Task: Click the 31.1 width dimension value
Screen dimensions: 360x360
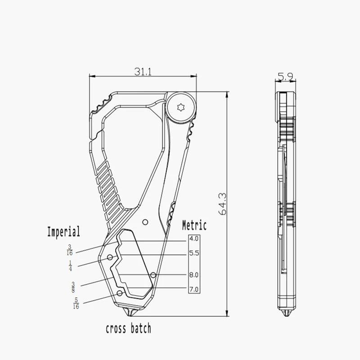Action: coord(143,71)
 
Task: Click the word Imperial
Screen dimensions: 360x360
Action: coord(64,232)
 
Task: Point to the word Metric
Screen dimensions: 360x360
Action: coord(194,225)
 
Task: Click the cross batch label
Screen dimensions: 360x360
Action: coord(129,328)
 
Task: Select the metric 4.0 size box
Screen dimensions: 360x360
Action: coord(194,239)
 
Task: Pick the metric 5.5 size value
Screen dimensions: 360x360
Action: coord(194,253)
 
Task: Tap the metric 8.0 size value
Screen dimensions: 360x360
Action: coord(194,274)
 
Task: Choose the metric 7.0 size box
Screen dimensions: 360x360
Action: coord(194,289)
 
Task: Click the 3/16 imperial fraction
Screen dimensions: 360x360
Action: coord(70,249)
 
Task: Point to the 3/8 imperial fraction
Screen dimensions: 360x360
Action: coord(73,286)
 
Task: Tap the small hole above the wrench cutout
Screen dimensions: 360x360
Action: coord(144,222)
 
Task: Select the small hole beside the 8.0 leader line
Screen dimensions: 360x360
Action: coord(153,274)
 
